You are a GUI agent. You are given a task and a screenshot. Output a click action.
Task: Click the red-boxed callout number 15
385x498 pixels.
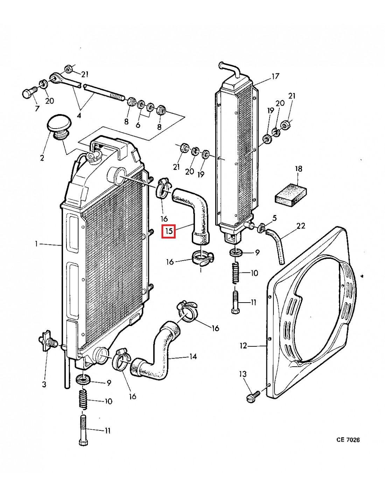click(169, 231)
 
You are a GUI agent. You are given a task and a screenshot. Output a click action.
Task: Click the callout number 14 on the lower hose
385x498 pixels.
click(193, 357)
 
